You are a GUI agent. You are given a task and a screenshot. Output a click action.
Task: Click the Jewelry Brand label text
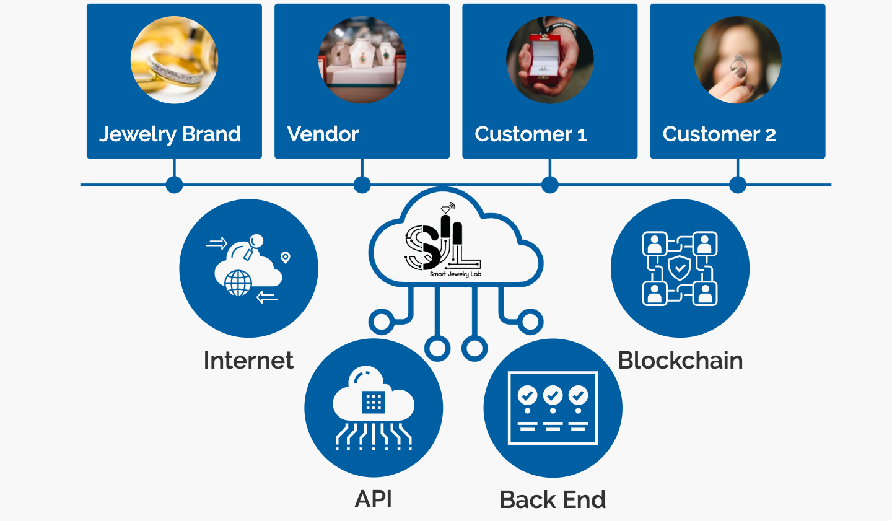point(170,134)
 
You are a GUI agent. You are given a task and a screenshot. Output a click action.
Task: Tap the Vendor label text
point(323,134)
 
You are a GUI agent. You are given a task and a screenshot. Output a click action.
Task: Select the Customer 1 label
point(530,134)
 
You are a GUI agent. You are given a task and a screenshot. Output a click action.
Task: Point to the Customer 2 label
point(719,134)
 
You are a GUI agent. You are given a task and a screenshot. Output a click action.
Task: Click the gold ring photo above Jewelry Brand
point(174,60)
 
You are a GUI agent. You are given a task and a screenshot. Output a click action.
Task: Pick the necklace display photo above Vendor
point(362,60)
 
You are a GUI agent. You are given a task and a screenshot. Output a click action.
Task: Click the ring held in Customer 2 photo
point(738,64)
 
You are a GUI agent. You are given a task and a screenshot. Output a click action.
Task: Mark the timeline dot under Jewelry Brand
point(175,185)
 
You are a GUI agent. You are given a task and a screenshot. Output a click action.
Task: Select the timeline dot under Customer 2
point(738,185)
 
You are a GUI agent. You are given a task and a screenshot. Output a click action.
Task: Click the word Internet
point(248,361)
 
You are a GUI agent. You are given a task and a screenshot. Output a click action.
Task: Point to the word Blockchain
point(680,361)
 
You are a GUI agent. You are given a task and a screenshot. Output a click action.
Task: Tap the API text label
point(374,499)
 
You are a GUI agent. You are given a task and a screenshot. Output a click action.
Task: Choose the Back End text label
point(553,499)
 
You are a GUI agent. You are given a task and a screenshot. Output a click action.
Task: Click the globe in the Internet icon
point(238,283)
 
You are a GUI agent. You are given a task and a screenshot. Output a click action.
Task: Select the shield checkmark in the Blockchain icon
point(680,269)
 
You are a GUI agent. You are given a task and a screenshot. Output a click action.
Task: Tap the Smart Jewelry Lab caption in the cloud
point(455,274)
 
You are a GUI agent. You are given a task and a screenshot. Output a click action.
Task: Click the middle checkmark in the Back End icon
point(553,395)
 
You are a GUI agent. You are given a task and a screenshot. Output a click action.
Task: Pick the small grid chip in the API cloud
point(373,403)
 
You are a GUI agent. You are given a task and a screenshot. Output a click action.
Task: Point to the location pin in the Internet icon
point(286,257)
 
